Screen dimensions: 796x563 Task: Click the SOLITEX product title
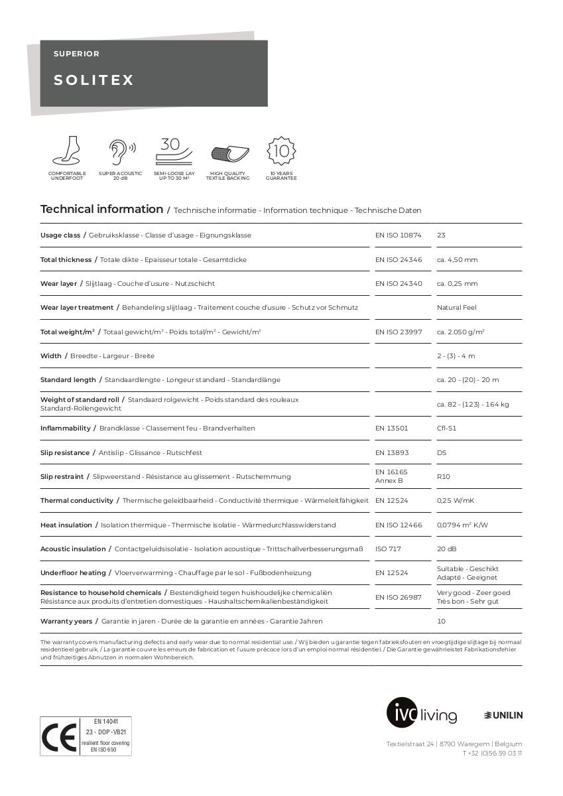pyautogui.click(x=94, y=80)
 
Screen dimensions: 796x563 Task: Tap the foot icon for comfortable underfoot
pyautogui.click(x=66, y=151)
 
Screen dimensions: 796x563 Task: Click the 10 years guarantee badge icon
pyautogui.click(x=281, y=151)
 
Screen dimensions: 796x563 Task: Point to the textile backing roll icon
pyautogui.click(x=227, y=154)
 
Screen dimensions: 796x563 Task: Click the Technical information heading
pyautogui.click(x=101, y=210)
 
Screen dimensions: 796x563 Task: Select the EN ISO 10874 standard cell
pyautogui.click(x=398, y=235)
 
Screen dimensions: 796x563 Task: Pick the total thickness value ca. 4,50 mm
pyautogui.click(x=457, y=260)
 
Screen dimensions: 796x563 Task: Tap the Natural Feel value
pyautogui.click(x=456, y=308)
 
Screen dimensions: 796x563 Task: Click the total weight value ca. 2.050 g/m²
pyautogui.click(x=460, y=332)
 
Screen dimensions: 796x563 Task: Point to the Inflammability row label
pyautogui.click(x=65, y=429)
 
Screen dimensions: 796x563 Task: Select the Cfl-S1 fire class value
pyautogui.click(x=446, y=429)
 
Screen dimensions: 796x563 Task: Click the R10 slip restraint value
pyautogui.click(x=443, y=476)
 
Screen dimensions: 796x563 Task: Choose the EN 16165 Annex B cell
pyautogui.click(x=391, y=476)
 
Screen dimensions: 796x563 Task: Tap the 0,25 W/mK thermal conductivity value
pyautogui.click(x=455, y=501)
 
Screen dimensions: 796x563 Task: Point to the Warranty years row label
pyautogui.click(x=66, y=622)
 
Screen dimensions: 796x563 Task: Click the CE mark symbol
pyautogui.click(x=58, y=737)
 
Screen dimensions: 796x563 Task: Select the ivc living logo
pyautogui.click(x=422, y=714)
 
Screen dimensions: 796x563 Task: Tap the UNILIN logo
pyautogui.click(x=503, y=715)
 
